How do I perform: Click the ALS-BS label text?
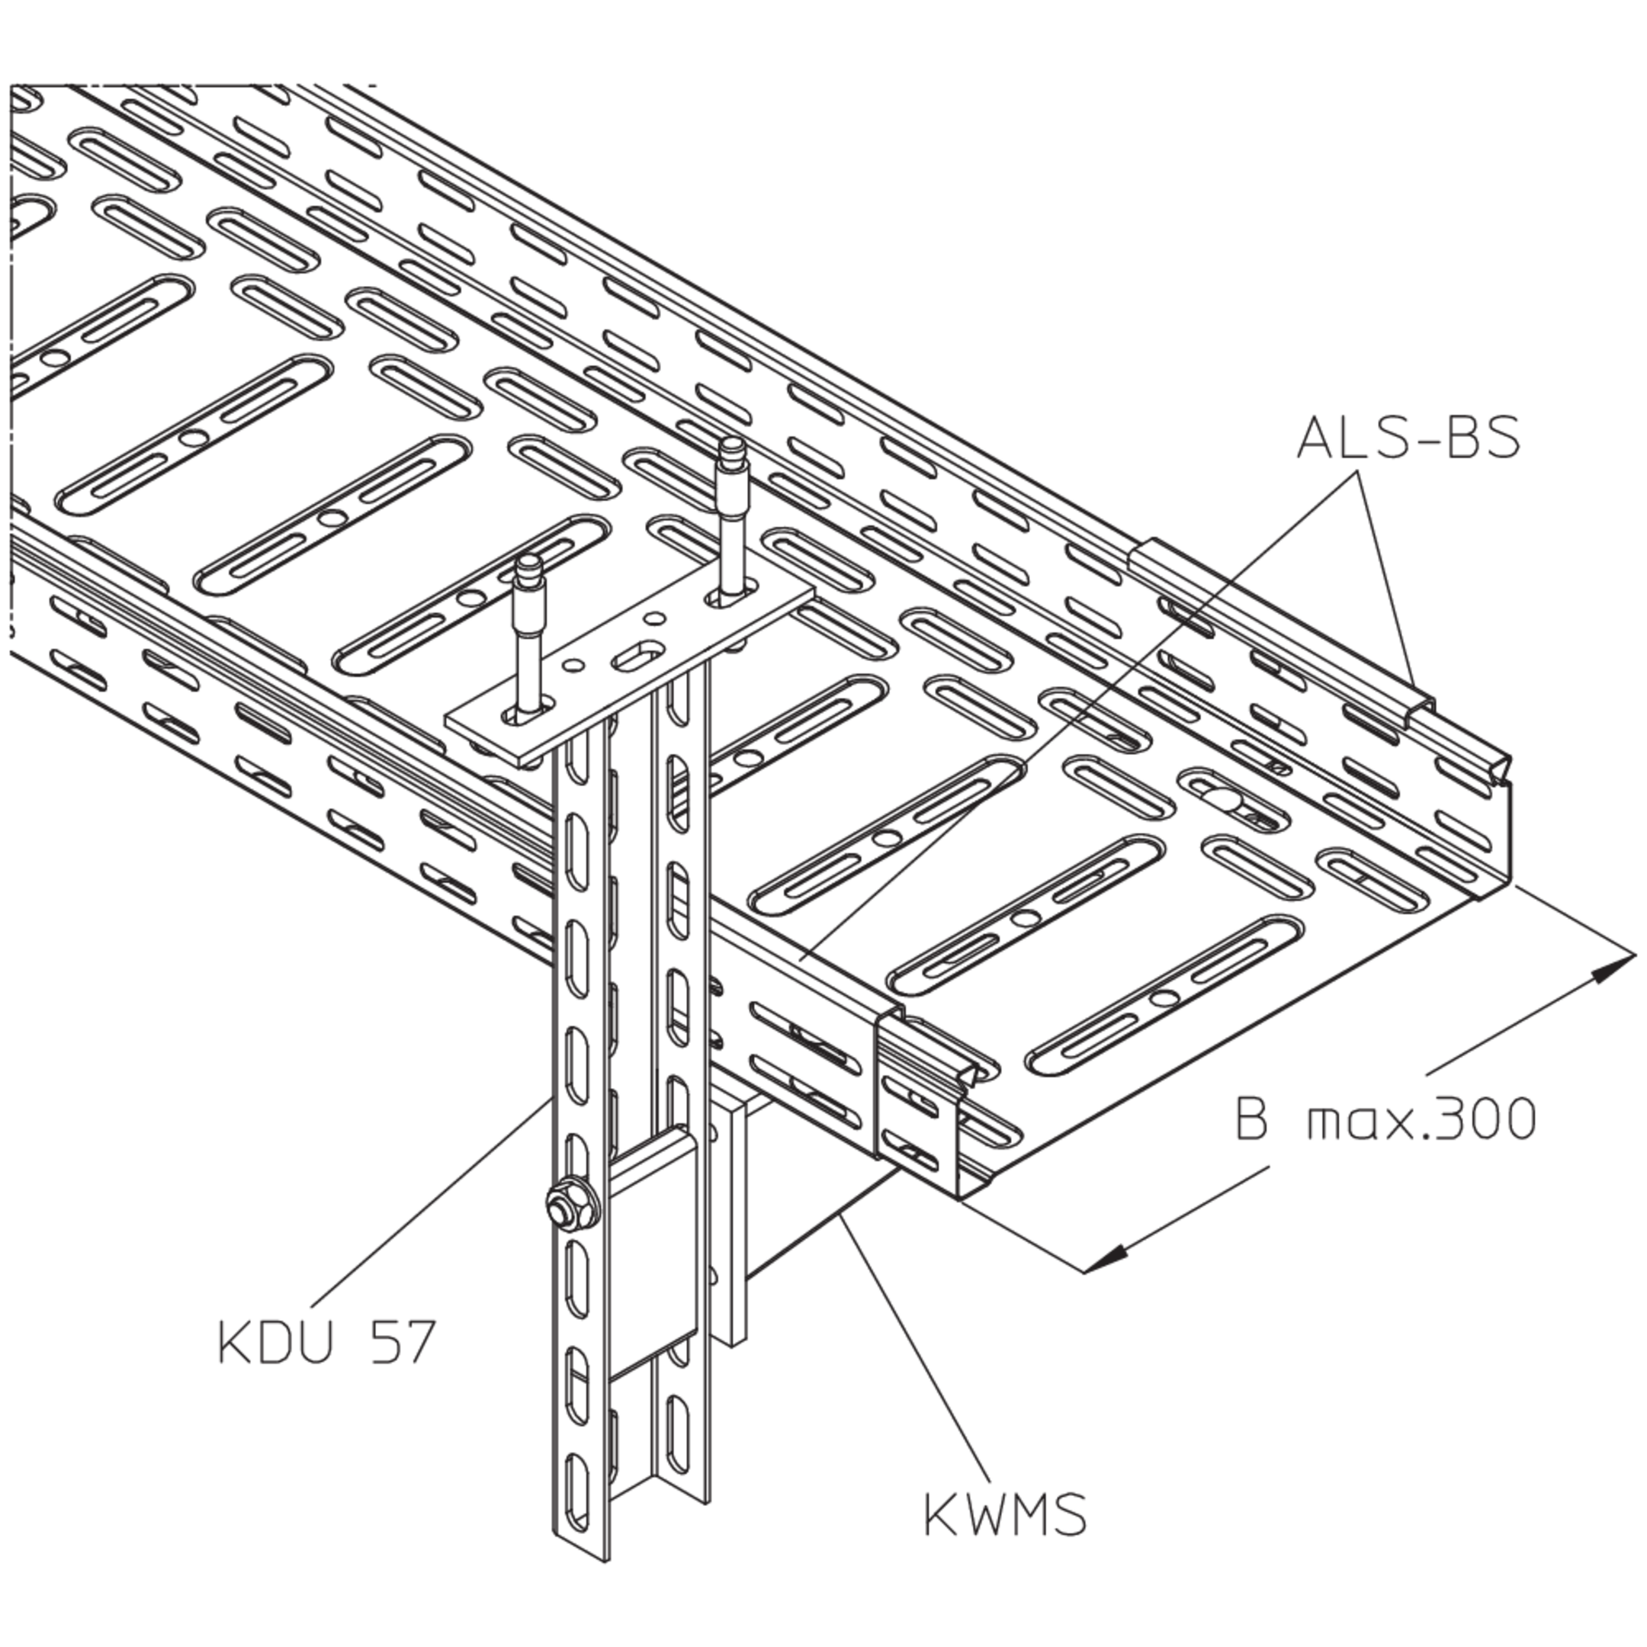[x=1408, y=439]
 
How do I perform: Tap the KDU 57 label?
[x=327, y=1340]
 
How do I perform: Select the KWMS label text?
[x=1005, y=1514]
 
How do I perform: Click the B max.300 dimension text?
[x=1385, y=1118]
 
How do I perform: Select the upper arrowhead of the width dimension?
[x=1613, y=968]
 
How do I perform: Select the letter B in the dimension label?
[x=1251, y=1118]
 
